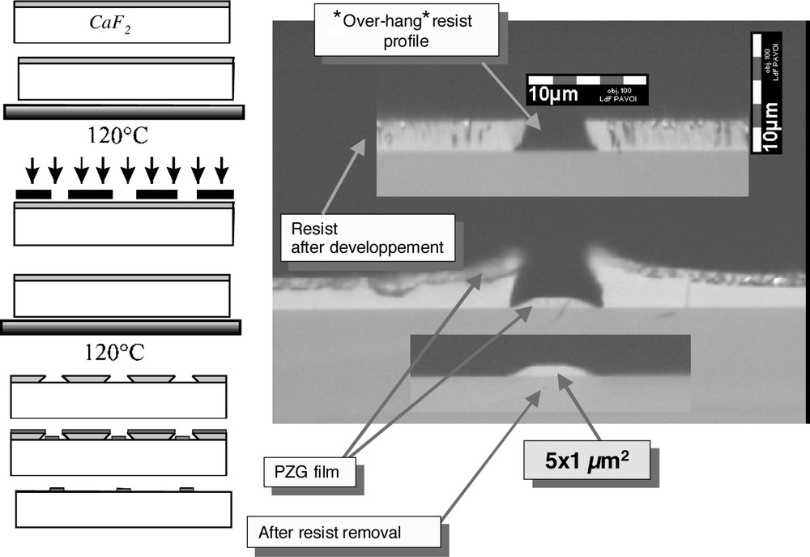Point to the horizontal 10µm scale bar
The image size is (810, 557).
tap(587, 90)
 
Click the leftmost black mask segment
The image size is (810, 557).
tap(33, 195)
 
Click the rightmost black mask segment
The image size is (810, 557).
tap(215, 195)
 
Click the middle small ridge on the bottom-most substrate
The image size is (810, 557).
tap(123, 489)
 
